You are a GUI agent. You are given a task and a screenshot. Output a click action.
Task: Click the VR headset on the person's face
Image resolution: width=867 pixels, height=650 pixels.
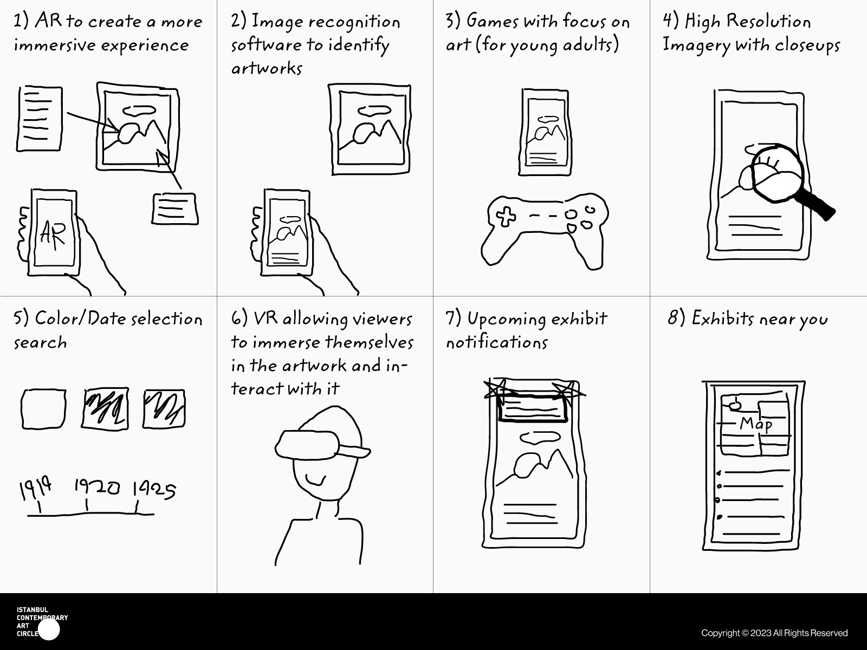322,445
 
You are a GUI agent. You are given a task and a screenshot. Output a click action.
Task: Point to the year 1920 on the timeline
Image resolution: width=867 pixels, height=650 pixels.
97,487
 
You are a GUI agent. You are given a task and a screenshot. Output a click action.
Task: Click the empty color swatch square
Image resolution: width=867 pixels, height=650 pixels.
43,409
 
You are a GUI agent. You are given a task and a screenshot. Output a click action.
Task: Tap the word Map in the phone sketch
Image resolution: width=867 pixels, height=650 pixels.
756,425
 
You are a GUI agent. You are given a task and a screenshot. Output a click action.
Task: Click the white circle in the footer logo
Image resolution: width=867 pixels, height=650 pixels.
49,629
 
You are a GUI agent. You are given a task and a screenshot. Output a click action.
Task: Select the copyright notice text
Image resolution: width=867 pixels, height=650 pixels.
774,633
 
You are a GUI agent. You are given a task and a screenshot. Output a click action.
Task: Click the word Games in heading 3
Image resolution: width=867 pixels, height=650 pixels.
492,21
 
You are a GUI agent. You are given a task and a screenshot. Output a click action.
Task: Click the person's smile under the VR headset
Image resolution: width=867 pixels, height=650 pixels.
316,480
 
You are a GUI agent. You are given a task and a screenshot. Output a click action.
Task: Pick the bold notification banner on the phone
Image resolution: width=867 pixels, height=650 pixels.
533,408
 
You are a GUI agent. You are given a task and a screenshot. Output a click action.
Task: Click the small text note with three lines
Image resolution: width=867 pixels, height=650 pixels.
175,209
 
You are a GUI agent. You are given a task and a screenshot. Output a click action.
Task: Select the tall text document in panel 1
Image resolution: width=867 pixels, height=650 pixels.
39,119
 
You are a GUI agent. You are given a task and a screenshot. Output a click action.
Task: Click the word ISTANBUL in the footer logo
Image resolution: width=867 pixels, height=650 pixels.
33,610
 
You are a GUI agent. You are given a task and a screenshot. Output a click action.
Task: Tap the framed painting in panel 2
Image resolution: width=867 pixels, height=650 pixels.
370,129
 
